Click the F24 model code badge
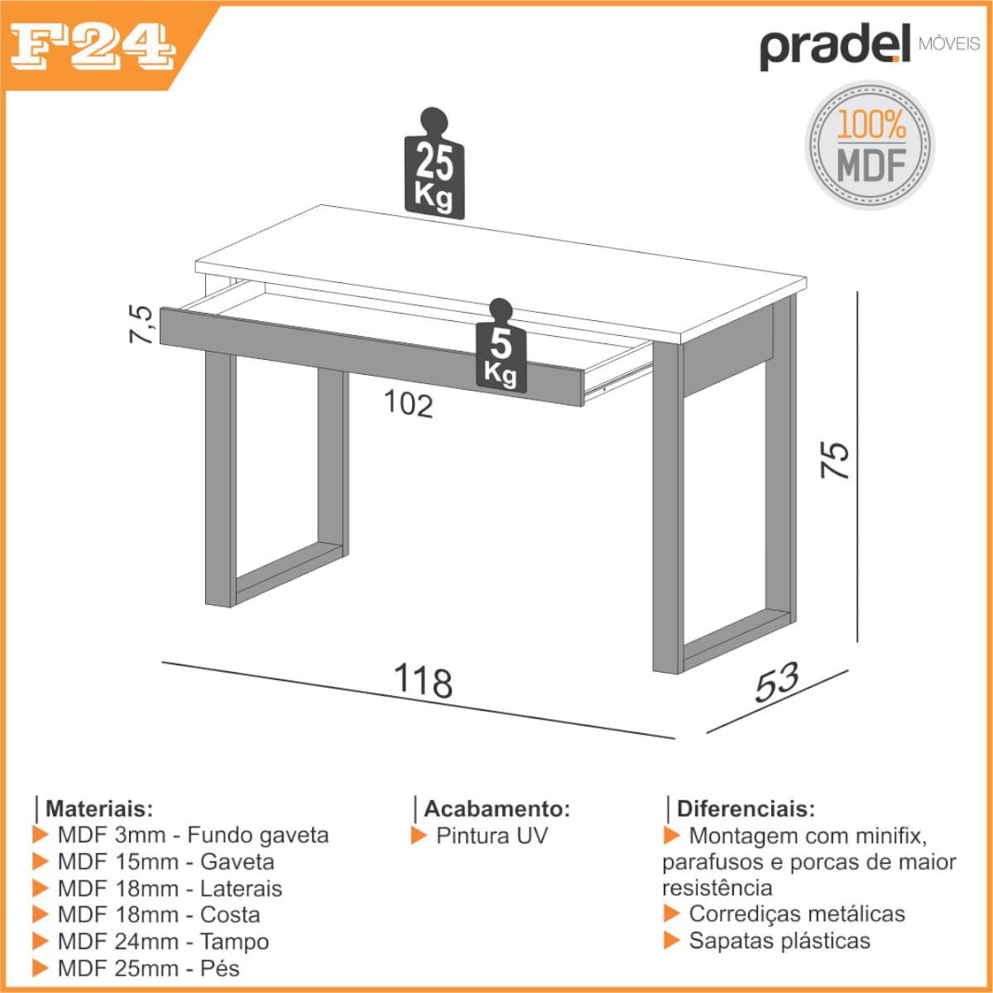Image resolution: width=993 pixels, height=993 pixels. click(93, 46)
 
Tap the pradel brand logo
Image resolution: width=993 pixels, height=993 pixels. click(835, 46)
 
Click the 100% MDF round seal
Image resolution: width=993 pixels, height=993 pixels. click(870, 145)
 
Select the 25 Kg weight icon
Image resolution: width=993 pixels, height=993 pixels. click(434, 163)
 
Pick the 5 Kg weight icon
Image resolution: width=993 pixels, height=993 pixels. click(501, 345)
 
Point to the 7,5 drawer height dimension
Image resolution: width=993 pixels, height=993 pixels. click(141, 324)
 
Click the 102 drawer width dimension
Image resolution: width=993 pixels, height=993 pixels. click(409, 403)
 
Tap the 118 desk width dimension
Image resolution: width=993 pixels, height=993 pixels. click(423, 681)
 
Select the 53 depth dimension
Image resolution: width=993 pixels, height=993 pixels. click(777, 682)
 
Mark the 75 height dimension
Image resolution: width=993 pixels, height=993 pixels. click(834, 459)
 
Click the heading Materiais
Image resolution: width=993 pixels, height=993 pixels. click(99, 809)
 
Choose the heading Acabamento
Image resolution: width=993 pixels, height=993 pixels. click(496, 809)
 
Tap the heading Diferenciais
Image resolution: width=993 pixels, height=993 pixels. click(746, 809)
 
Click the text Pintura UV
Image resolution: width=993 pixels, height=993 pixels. click(492, 836)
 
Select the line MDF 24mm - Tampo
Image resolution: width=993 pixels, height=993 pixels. click(163, 942)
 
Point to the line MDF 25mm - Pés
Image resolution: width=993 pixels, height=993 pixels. click(148, 968)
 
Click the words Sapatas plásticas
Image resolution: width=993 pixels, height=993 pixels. click(780, 940)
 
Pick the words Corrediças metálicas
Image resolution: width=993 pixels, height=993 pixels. click(797, 914)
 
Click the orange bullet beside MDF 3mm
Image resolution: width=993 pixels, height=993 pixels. click(41, 834)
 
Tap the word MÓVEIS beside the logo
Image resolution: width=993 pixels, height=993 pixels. click(949, 44)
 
